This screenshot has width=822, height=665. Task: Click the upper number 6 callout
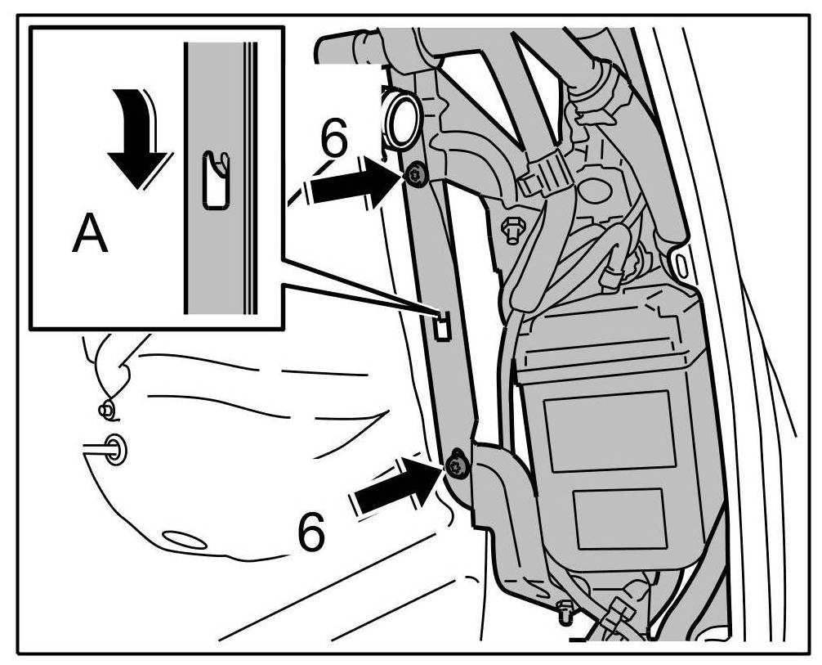(x=332, y=141)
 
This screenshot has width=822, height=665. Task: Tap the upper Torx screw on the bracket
(x=418, y=175)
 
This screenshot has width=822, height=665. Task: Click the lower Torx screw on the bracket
(x=454, y=467)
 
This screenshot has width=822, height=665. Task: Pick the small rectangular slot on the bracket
(x=440, y=325)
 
